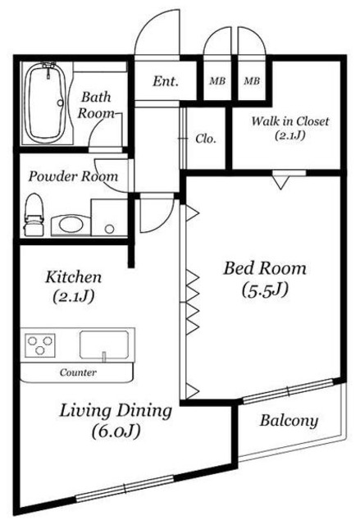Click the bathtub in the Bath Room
click(x=46, y=103)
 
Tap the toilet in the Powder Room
click(x=34, y=214)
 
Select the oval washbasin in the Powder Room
click(x=71, y=224)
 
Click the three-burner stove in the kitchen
click(x=40, y=345)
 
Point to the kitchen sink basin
click(x=104, y=345)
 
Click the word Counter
click(x=78, y=372)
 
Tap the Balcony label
click(x=289, y=421)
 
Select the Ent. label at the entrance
click(x=166, y=81)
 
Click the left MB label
click(x=217, y=81)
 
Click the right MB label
click(x=252, y=81)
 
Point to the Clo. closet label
click(x=206, y=139)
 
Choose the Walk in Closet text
click(x=290, y=121)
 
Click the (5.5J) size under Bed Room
click(x=265, y=290)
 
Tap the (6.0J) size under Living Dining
click(x=116, y=431)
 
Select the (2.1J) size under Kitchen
click(x=73, y=296)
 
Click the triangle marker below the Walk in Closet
click(x=281, y=183)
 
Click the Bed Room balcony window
click(x=288, y=390)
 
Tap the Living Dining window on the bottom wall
click(x=125, y=489)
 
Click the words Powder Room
click(x=73, y=176)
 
